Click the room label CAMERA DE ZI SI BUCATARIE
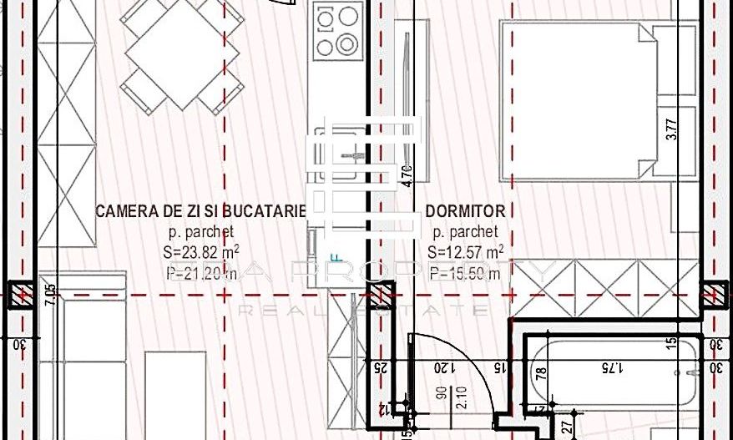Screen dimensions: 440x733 tap(201, 211)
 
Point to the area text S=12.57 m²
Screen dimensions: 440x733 tap(465, 251)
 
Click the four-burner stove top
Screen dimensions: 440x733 tap(336, 30)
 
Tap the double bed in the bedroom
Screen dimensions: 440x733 tap(584, 100)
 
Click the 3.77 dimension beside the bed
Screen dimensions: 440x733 tap(673, 132)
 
